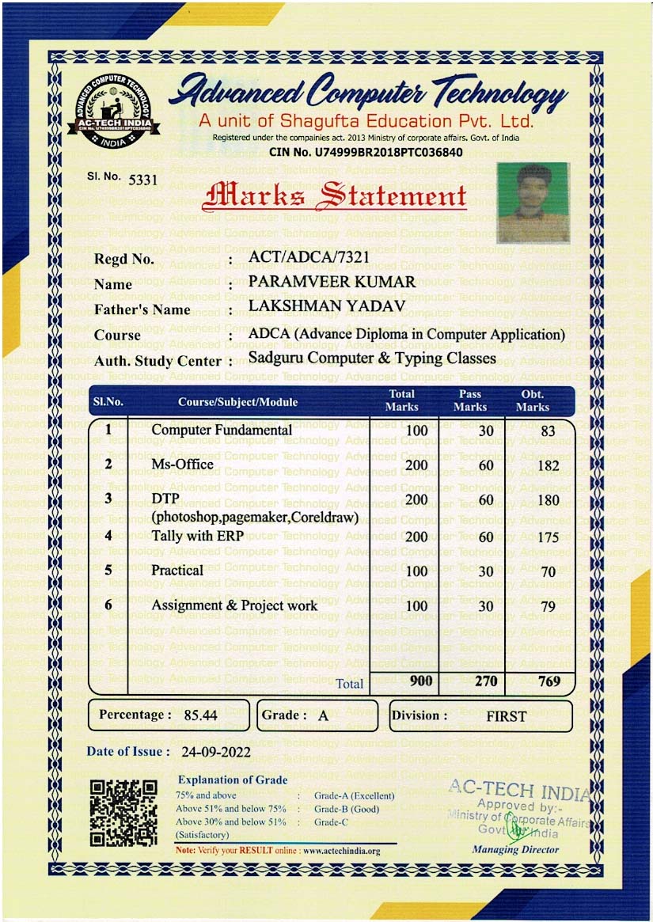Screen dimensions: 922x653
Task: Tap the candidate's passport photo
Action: coord(533,202)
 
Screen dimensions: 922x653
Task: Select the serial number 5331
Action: coord(143,179)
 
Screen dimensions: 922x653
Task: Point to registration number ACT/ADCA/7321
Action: coord(308,257)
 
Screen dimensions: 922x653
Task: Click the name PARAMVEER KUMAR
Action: coord(332,282)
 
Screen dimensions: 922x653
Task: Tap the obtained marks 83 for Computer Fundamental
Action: coord(548,431)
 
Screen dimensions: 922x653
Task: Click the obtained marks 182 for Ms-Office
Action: coord(548,465)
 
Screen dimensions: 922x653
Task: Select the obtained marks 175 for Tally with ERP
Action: coord(548,537)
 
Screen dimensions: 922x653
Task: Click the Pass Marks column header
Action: coord(470,400)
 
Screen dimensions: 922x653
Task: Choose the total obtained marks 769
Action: coord(549,681)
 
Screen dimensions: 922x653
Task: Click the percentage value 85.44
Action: coord(200,715)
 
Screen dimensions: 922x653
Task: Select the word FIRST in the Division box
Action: coord(507,716)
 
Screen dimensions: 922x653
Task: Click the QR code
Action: coord(122,814)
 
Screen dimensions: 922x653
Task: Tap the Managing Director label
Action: coord(515,850)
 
